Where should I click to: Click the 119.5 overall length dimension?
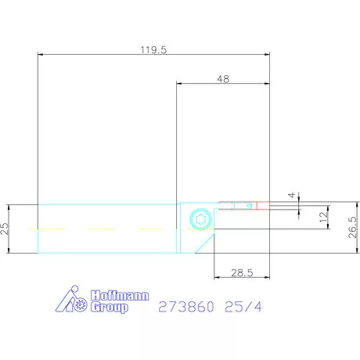(153, 49)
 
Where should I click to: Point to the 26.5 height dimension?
(352, 230)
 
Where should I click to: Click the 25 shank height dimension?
(5, 229)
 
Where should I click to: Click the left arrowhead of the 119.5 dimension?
(41, 54)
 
